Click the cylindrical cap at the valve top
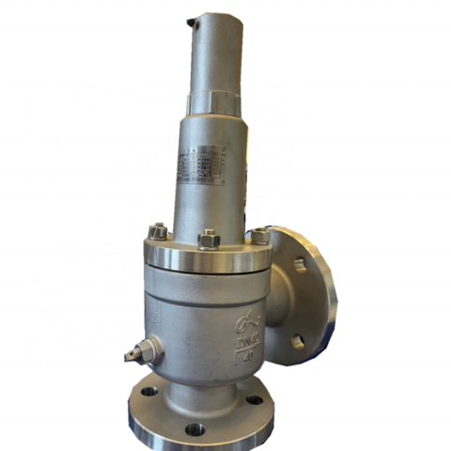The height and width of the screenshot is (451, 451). point(217,52)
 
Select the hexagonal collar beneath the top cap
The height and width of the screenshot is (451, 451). point(215,99)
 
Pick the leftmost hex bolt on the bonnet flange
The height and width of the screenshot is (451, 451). point(158,230)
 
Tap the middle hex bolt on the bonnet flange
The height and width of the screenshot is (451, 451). point(209,239)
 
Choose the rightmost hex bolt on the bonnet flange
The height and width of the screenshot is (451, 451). point(258,235)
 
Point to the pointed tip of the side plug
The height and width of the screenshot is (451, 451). point(128,355)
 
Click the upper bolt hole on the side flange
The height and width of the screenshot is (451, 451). point(300,265)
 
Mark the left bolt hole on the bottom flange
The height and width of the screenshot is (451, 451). point(149,391)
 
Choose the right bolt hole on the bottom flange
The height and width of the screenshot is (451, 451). point(254,399)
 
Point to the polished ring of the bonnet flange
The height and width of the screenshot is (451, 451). point(209,257)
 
